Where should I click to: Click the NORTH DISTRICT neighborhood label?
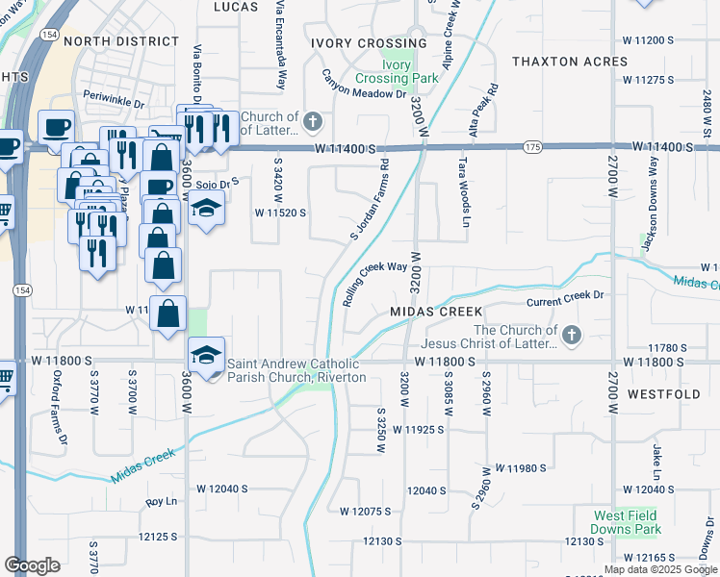(x=121, y=41)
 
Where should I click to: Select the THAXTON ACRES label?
(x=570, y=62)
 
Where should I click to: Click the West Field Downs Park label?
(x=627, y=522)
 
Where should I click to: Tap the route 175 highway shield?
(x=532, y=146)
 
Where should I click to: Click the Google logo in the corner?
(x=32, y=565)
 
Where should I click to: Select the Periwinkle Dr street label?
(x=113, y=98)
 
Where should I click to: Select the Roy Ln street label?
(x=163, y=502)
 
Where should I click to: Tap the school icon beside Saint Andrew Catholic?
(x=206, y=354)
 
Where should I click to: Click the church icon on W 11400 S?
(x=313, y=122)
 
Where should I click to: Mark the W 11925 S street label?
(x=414, y=430)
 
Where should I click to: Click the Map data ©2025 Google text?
(x=660, y=569)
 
